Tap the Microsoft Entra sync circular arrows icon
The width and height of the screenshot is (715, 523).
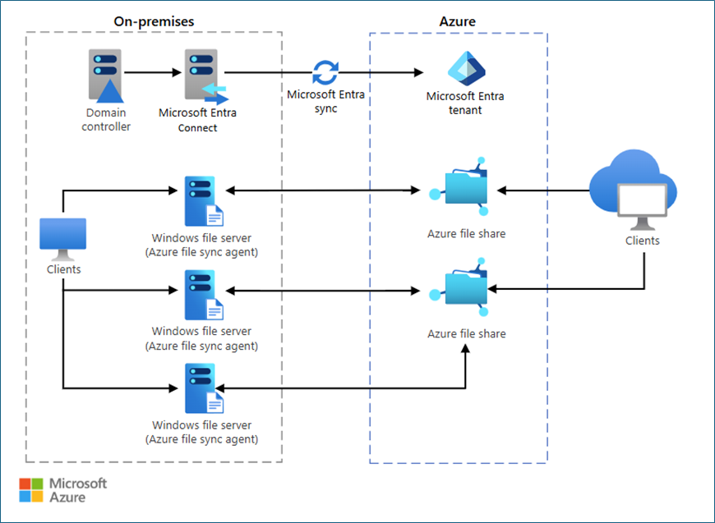[325, 72]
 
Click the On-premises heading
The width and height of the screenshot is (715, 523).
[154, 21]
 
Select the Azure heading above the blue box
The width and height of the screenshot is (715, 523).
[458, 21]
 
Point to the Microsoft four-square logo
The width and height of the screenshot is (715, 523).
[31, 489]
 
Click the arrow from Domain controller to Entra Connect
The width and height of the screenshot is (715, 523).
[152, 72]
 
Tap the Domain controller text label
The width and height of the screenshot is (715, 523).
[106, 120]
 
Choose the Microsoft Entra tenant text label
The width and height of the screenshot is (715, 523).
[465, 103]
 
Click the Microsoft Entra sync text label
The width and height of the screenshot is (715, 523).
[325, 101]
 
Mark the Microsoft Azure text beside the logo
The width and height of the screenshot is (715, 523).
[78, 490]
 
